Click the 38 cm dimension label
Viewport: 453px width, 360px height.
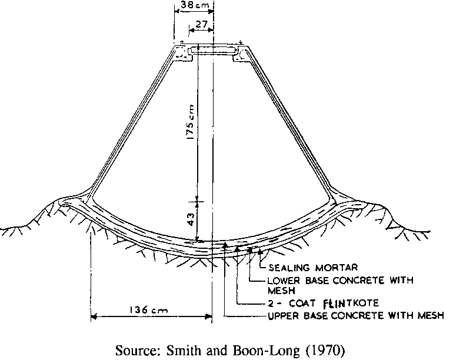click(x=194, y=5)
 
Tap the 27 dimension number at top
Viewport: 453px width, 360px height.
click(x=201, y=24)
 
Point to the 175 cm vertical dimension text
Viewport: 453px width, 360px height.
click(x=190, y=122)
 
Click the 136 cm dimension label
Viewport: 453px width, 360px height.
click(x=148, y=310)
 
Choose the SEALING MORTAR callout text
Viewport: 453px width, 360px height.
click(x=313, y=268)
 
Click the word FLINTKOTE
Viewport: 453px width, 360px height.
click(x=351, y=304)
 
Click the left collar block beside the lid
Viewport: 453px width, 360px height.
click(x=182, y=53)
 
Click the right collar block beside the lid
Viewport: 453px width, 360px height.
click(x=243, y=53)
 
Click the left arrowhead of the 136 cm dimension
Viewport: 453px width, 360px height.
click(x=94, y=317)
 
